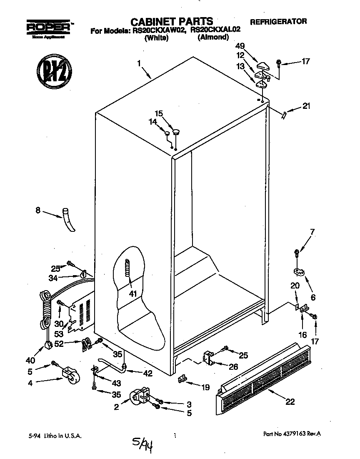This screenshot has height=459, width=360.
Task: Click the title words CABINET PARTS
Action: tap(172, 21)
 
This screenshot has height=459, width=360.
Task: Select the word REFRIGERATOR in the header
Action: tap(278, 21)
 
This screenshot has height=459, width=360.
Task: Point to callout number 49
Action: tap(240, 46)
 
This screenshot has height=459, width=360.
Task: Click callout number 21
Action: tap(306, 106)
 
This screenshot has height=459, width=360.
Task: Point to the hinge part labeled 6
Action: tap(299, 272)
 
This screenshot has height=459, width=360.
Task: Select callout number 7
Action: tap(312, 232)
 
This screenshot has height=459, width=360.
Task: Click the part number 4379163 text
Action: tap(292, 434)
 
